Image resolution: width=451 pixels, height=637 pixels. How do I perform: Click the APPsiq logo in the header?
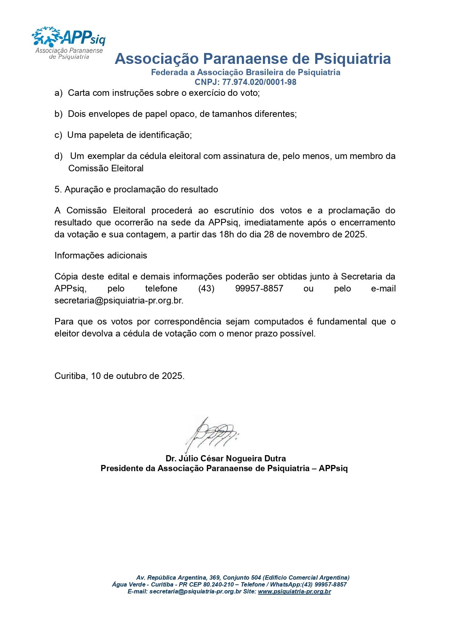[x=69, y=43]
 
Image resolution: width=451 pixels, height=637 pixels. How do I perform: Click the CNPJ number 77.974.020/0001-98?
[x=259, y=82]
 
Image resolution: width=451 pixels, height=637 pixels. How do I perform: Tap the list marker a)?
[x=58, y=93]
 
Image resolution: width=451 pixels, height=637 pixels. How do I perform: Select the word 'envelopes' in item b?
[x=110, y=114]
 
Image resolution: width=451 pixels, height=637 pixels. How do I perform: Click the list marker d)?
[x=58, y=156]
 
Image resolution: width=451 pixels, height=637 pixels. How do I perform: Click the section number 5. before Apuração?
[x=58, y=189]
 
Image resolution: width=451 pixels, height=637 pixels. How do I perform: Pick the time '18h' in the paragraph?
[x=227, y=234]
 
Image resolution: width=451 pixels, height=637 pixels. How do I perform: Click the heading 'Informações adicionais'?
[x=101, y=256]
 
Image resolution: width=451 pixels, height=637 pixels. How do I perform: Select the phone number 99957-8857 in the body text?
[x=259, y=289]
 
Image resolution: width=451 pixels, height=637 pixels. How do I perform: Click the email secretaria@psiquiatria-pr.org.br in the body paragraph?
[x=118, y=301]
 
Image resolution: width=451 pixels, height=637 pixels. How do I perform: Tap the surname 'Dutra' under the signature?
[x=275, y=458]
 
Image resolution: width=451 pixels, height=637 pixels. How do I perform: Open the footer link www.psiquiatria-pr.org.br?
[x=294, y=591]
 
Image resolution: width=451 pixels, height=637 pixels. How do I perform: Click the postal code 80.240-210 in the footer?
[x=219, y=584]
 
